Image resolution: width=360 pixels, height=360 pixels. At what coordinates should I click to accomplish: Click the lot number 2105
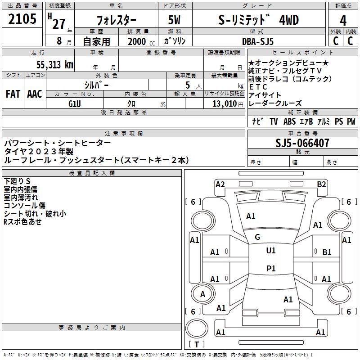tap(23, 19)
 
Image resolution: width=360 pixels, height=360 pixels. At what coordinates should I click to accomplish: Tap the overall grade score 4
tap(343, 20)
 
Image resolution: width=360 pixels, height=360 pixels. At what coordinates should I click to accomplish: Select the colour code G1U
tap(74, 103)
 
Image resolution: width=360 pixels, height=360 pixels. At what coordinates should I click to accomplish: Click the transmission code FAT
tap(13, 94)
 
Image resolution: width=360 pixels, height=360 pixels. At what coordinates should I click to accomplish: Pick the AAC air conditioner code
tap(34, 94)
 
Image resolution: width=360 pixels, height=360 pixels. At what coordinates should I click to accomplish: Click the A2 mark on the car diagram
tap(220, 184)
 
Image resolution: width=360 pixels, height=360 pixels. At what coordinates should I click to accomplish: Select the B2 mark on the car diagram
tap(321, 184)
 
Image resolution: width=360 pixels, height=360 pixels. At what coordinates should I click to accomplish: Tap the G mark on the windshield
tap(257, 237)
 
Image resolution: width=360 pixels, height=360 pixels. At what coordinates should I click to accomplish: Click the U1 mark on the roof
tap(271, 251)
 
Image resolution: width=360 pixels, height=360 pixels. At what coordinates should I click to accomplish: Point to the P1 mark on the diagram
tap(271, 269)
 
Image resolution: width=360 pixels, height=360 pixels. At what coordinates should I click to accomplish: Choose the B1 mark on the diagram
tap(327, 252)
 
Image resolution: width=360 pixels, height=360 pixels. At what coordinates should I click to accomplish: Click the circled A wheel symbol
tap(202, 294)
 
